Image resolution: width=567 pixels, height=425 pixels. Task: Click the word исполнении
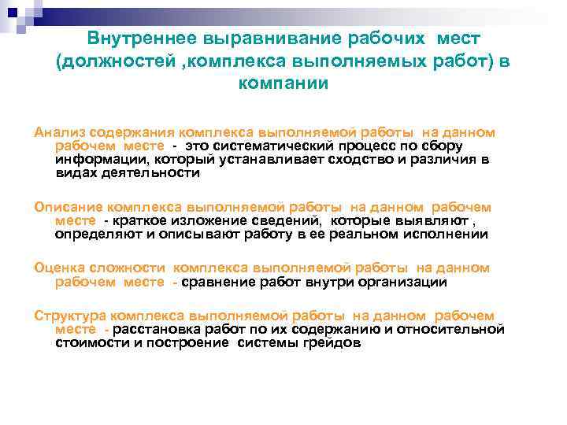pos(447,234)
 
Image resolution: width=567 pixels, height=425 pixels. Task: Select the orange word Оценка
pos(58,268)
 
